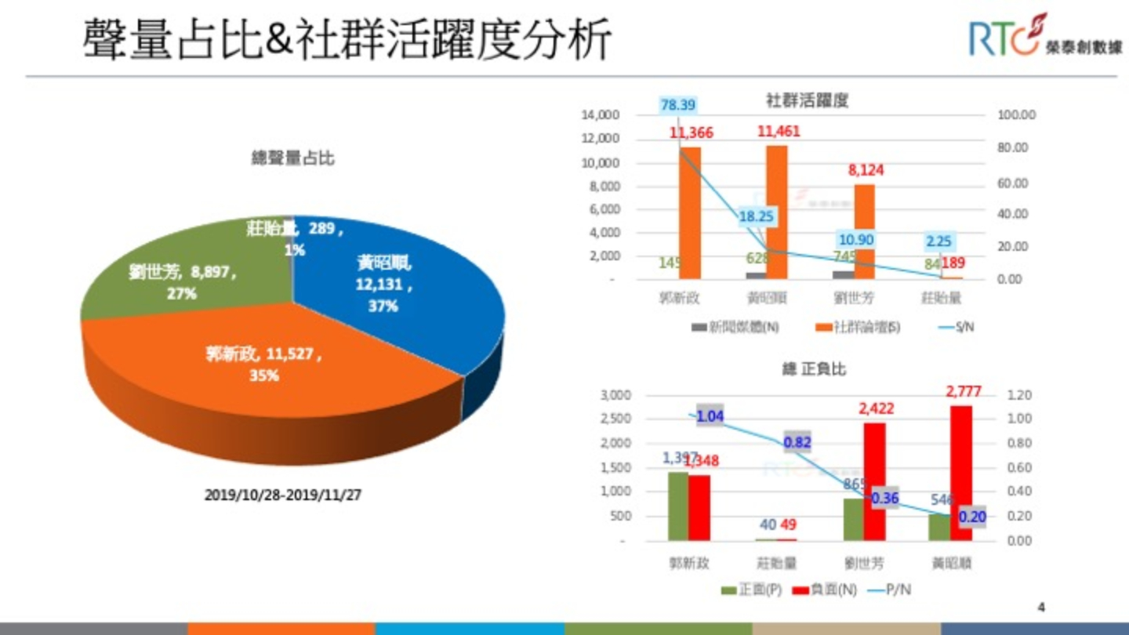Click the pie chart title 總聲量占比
click(x=292, y=158)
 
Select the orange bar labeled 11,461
click(x=776, y=212)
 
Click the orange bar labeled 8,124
click(x=864, y=231)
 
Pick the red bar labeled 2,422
click(x=874, y=481)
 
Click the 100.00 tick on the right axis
click(x=1017, y=115)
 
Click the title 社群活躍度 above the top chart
click(x=807, y=100)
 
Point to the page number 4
click(x=1041, y=606)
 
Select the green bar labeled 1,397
click(x=678, y=506)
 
